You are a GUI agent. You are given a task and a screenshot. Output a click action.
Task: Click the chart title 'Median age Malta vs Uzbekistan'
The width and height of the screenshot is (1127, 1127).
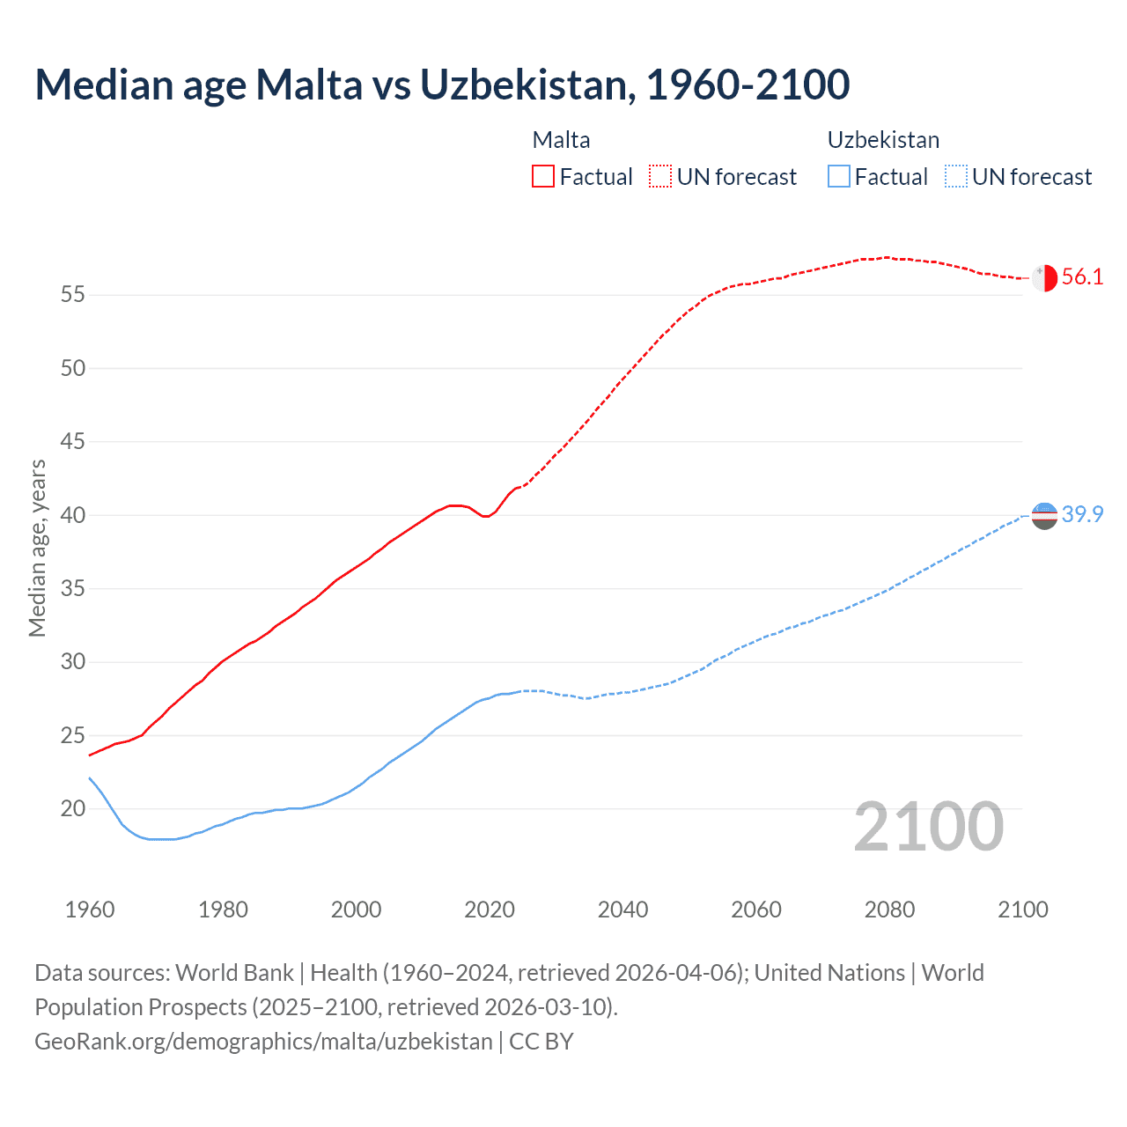[x=442, y=85]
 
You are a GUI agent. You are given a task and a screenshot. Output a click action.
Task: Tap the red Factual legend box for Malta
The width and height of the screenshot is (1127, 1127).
[x=543, y=176]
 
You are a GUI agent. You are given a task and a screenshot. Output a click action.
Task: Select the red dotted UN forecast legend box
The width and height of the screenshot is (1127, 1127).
[x=659, y=176]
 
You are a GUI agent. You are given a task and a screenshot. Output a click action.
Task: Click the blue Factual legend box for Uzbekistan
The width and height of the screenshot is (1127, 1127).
[x=838, y=176]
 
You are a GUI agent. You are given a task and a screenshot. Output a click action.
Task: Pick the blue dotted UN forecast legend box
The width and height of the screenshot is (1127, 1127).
[x=955, y=176]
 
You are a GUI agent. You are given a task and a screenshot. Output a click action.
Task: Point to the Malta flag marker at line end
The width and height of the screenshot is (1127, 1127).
[x=1044, y=277]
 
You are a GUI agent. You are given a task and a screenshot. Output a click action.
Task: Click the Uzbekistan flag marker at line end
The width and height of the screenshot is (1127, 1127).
[x=1044, y=515]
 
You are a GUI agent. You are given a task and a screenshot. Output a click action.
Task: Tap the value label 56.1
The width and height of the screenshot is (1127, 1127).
[x=1082, y=277]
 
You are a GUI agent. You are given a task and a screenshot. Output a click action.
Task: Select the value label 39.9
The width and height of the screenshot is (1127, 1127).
[x=1082, y=515]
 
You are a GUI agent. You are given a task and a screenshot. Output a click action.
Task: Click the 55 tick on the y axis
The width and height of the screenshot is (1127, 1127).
[x=73, y=295]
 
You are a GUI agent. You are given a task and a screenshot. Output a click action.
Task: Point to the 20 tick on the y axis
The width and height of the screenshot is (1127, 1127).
[x=73, y=808]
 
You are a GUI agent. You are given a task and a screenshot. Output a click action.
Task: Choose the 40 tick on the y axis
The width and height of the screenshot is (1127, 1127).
[x=73, y=515]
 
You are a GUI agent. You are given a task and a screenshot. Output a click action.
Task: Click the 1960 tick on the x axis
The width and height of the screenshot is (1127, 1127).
[x=90, y=910]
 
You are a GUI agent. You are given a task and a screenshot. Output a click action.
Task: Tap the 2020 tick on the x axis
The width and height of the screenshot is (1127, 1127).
[x=490, y=910]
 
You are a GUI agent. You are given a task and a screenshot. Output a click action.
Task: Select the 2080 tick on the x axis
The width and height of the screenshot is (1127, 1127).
[x=889, y=910]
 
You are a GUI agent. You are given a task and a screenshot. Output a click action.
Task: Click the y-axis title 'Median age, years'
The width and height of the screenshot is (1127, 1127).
[x=37, y=548]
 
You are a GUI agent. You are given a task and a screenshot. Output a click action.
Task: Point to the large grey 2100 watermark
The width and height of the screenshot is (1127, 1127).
[x=928, y=827]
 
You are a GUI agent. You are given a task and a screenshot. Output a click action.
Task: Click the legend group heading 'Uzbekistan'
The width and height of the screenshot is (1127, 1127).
[x=883, y=140]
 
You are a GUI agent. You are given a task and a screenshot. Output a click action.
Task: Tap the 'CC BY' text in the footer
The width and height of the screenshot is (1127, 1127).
[x=541, y=1042]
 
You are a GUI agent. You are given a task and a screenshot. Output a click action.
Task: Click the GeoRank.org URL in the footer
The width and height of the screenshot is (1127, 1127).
[x=263, y=1042]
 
